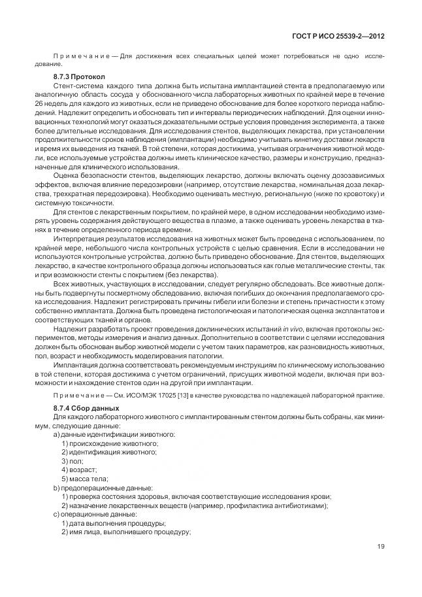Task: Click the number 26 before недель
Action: pyautogui.click(x=41, y=104)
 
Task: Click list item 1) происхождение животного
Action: pyautogui.click(x=109, y=443)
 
